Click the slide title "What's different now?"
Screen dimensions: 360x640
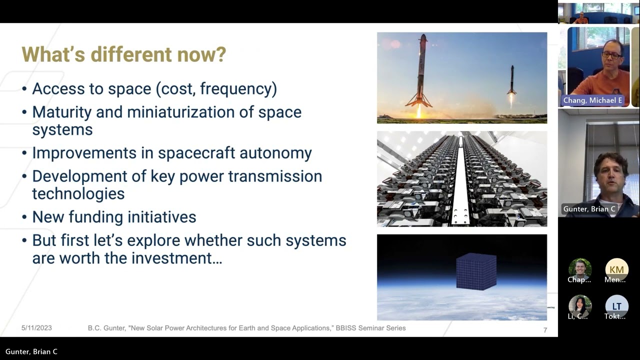[123, 54]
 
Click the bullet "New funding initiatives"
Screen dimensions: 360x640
[114, 217]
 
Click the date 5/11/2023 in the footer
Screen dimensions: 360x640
[36, 328]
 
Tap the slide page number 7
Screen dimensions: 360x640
[545, 330]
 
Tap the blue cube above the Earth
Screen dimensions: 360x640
[476, 271]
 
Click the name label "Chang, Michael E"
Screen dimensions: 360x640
[592, 100]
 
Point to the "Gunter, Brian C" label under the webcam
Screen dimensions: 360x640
[589, 209]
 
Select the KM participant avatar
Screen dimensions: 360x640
[616, 269]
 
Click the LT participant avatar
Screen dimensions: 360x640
[616, 306]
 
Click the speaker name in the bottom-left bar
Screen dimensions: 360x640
[31, 351]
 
